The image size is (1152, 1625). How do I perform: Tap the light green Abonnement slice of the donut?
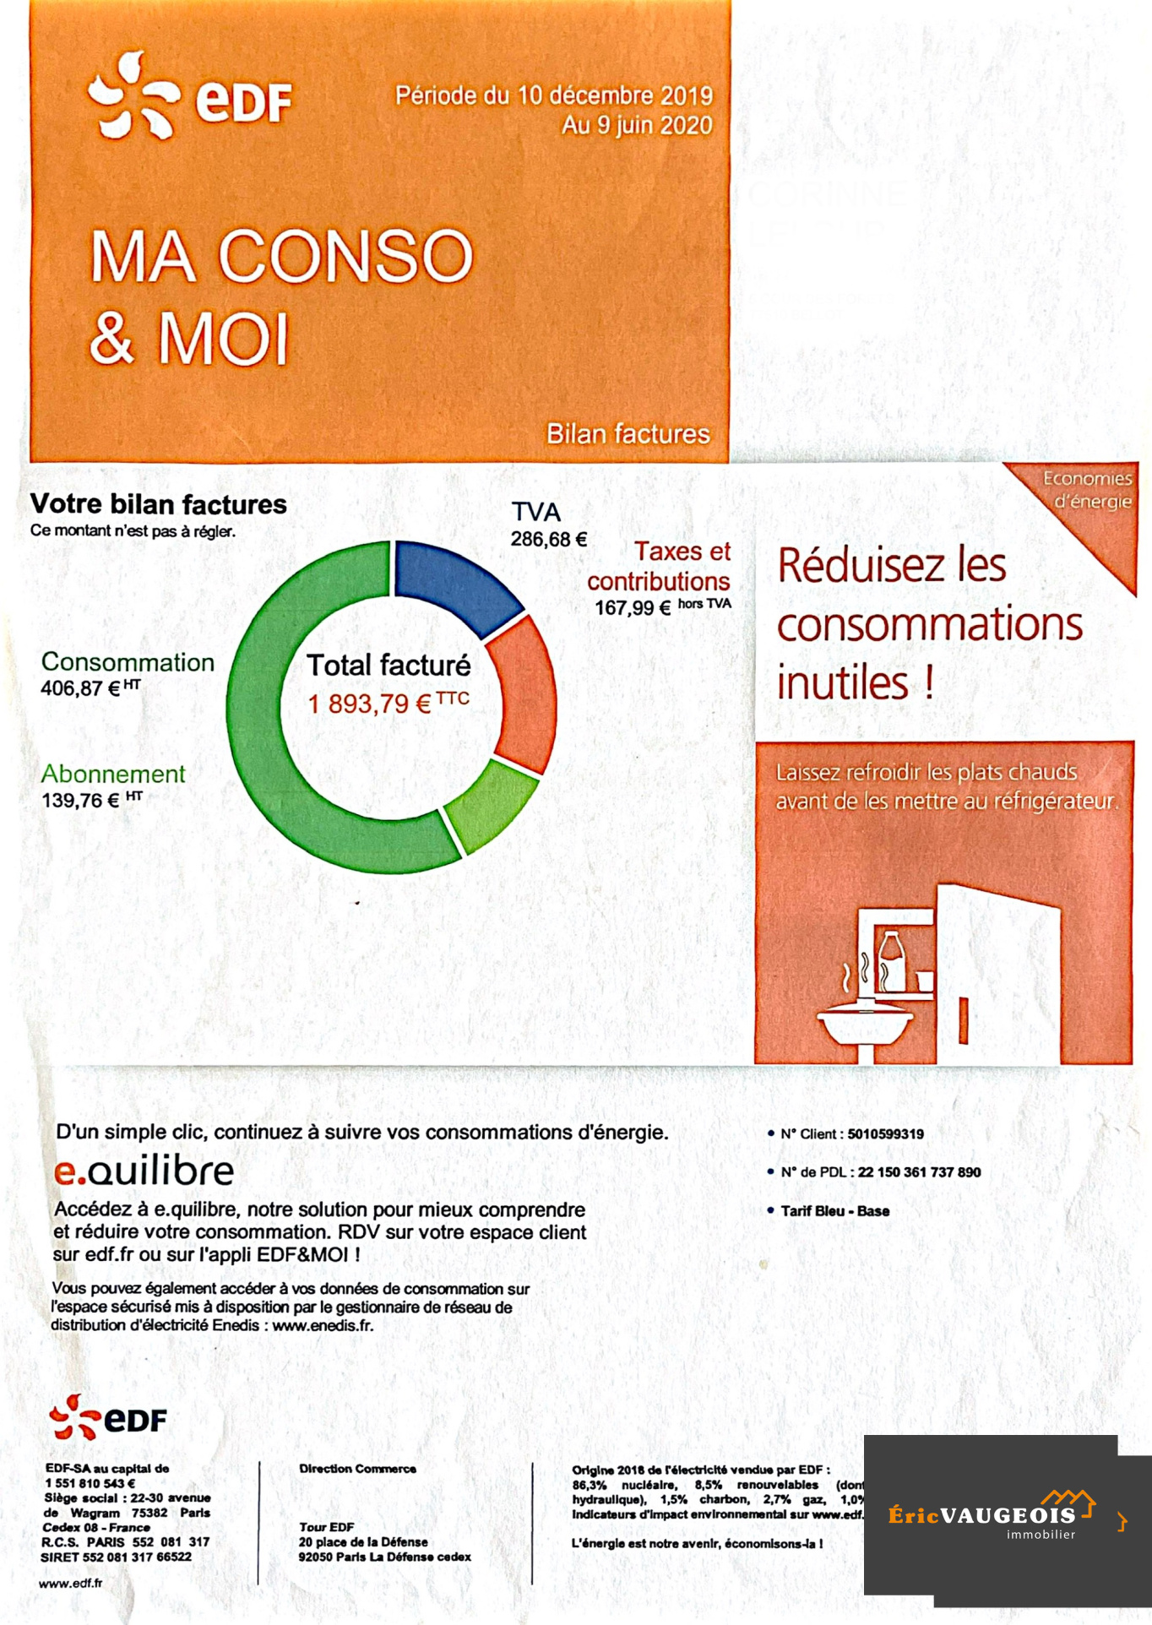[x=487, y=807]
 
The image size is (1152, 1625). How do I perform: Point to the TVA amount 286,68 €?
[x=548, y=539]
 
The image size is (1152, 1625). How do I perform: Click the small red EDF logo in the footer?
[x=108, y=1418]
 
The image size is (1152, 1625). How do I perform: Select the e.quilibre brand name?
[x=144, y=1171]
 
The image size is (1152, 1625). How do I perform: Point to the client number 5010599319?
[x=885, y=1134]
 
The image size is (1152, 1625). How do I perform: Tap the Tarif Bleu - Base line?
[x=834, y=1211]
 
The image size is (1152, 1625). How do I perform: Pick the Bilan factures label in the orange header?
[x=628, y=434]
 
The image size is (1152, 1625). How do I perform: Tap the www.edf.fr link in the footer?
[x=71, y=1583]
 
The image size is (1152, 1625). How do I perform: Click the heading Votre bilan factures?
[x=159, y=504]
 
